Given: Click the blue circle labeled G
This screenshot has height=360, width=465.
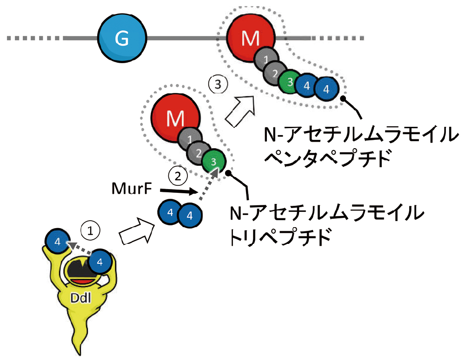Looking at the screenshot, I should click(122, 40).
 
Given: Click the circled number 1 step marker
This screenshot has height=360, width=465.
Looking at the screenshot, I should click(91, 229).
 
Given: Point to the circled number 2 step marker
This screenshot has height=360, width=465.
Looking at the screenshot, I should click(178, 177).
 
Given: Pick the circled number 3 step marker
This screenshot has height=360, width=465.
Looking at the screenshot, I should click(218, 85).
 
